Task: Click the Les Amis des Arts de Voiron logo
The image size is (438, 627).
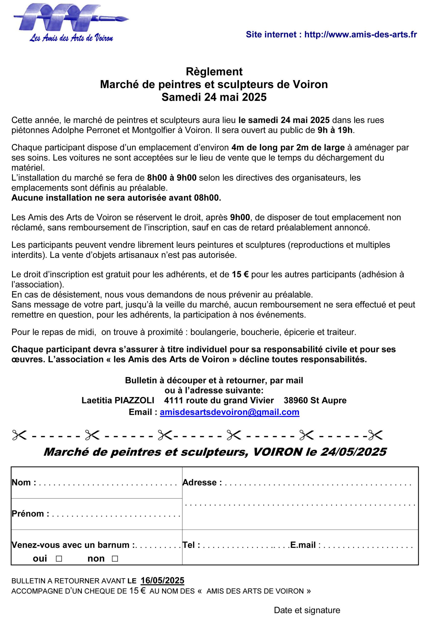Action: pyautogui.click(x=71, y=23)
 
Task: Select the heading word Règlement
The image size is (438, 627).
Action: pyautogui.click(x=214, y=72)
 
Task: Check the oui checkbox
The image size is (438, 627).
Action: pyautogui.click(x=59, y=558)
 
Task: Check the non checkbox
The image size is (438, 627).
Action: pyautogui.click(x=115, y=558)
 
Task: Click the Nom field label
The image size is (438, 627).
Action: pyautogui.click(x=24, y=482)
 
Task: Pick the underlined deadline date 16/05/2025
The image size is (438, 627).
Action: pyautogui.click(x=162, y=580)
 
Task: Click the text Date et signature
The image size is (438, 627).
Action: pyautogui.click(x=307, y=610)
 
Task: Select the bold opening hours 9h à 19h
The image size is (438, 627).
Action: pyautogui.click(x=335, y=130)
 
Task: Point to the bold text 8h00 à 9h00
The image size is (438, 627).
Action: pyautogui.click(x=172, y=178)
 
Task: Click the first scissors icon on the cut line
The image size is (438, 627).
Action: pyautogui.click(x=19, y=435)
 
